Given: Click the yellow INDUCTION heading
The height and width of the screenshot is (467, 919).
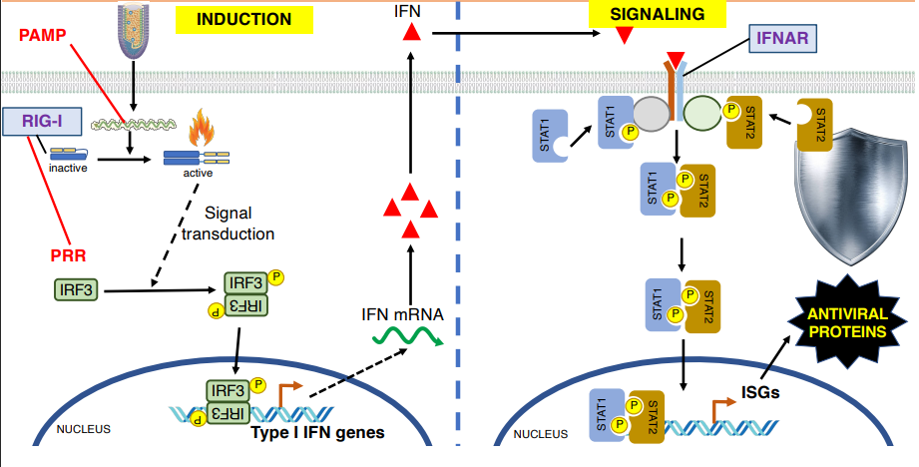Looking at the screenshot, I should (x=243, y=19).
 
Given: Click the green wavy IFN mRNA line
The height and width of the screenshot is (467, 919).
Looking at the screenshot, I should (x=407, y=339).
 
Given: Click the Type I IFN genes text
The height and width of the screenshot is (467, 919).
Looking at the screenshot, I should (x=318, y=432).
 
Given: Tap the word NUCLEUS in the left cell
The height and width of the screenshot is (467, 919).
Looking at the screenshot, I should (x=83, y=429).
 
